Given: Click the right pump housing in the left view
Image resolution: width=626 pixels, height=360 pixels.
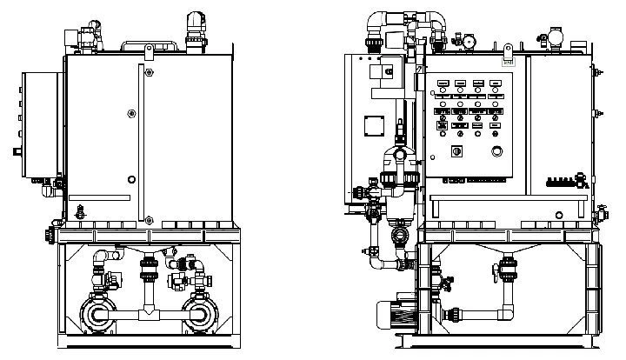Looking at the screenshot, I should pos(201,313).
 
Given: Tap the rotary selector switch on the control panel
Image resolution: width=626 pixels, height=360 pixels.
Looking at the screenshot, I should pos(453,151).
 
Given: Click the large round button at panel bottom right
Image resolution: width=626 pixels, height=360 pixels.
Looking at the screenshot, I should pos(497,151).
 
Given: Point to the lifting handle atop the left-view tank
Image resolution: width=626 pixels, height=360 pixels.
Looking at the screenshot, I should pos(150,43).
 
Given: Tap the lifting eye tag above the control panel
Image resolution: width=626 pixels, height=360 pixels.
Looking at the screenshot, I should pos(508,61).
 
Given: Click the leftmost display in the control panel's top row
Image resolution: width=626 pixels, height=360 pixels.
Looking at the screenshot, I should pos(442,83).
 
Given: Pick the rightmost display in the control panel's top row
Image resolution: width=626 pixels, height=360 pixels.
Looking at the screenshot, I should pos(496,83).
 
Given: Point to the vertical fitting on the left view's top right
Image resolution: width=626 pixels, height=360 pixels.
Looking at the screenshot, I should pos(194,27).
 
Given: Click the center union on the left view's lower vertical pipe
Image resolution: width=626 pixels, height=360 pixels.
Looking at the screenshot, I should pos(149,270).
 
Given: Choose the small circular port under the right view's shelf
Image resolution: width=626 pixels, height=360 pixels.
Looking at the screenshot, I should pos(399,235).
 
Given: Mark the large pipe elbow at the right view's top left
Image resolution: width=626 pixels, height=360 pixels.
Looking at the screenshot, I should pos(378,22).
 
